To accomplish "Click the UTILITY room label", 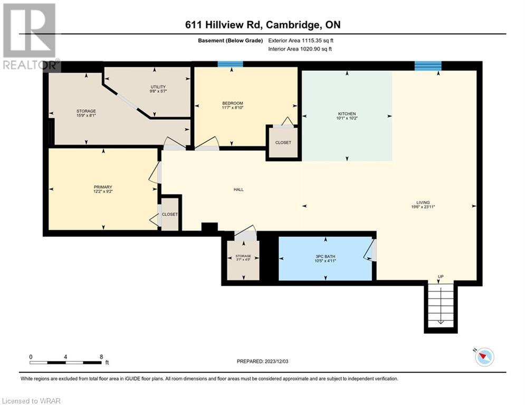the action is coord(158,87).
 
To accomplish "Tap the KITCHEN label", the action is coord(347,114).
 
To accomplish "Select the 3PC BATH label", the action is coord(325,256).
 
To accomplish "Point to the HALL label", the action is coord(238,189).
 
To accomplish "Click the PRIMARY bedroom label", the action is coord(103,187).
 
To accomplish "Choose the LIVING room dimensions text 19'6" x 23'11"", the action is coord(423,207).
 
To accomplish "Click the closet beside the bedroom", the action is coord(283,142).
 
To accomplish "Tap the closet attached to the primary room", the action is coord(170,214).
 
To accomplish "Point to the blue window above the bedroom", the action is coord(231,64).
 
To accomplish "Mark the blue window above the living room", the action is coord(428,66).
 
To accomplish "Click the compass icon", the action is coord(484,356).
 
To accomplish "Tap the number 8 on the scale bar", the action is coord(101,357).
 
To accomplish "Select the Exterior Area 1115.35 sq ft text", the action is coord(301,41).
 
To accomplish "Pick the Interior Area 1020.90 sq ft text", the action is coord(300,49).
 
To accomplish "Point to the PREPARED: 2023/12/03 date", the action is coord(263,361).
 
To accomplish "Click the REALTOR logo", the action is coord(30,37).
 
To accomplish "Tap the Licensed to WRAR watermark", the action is coord(31,401).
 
